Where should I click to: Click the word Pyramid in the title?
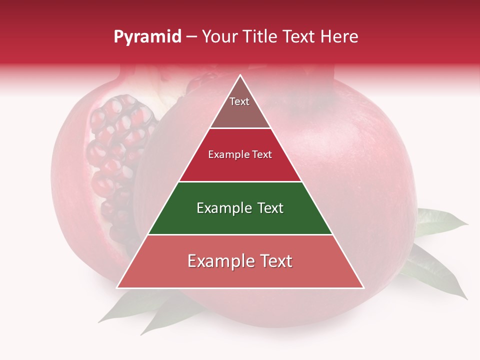tap(147, 37)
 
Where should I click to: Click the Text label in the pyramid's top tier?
tap(239, 101)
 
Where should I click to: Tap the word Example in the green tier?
tap(222, 208)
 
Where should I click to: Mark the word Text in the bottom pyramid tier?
tap(275, 261)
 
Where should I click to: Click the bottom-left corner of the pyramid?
tap(117, 287)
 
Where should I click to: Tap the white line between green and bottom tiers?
tap(240, 234)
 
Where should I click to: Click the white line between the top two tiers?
tap(240, 128)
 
